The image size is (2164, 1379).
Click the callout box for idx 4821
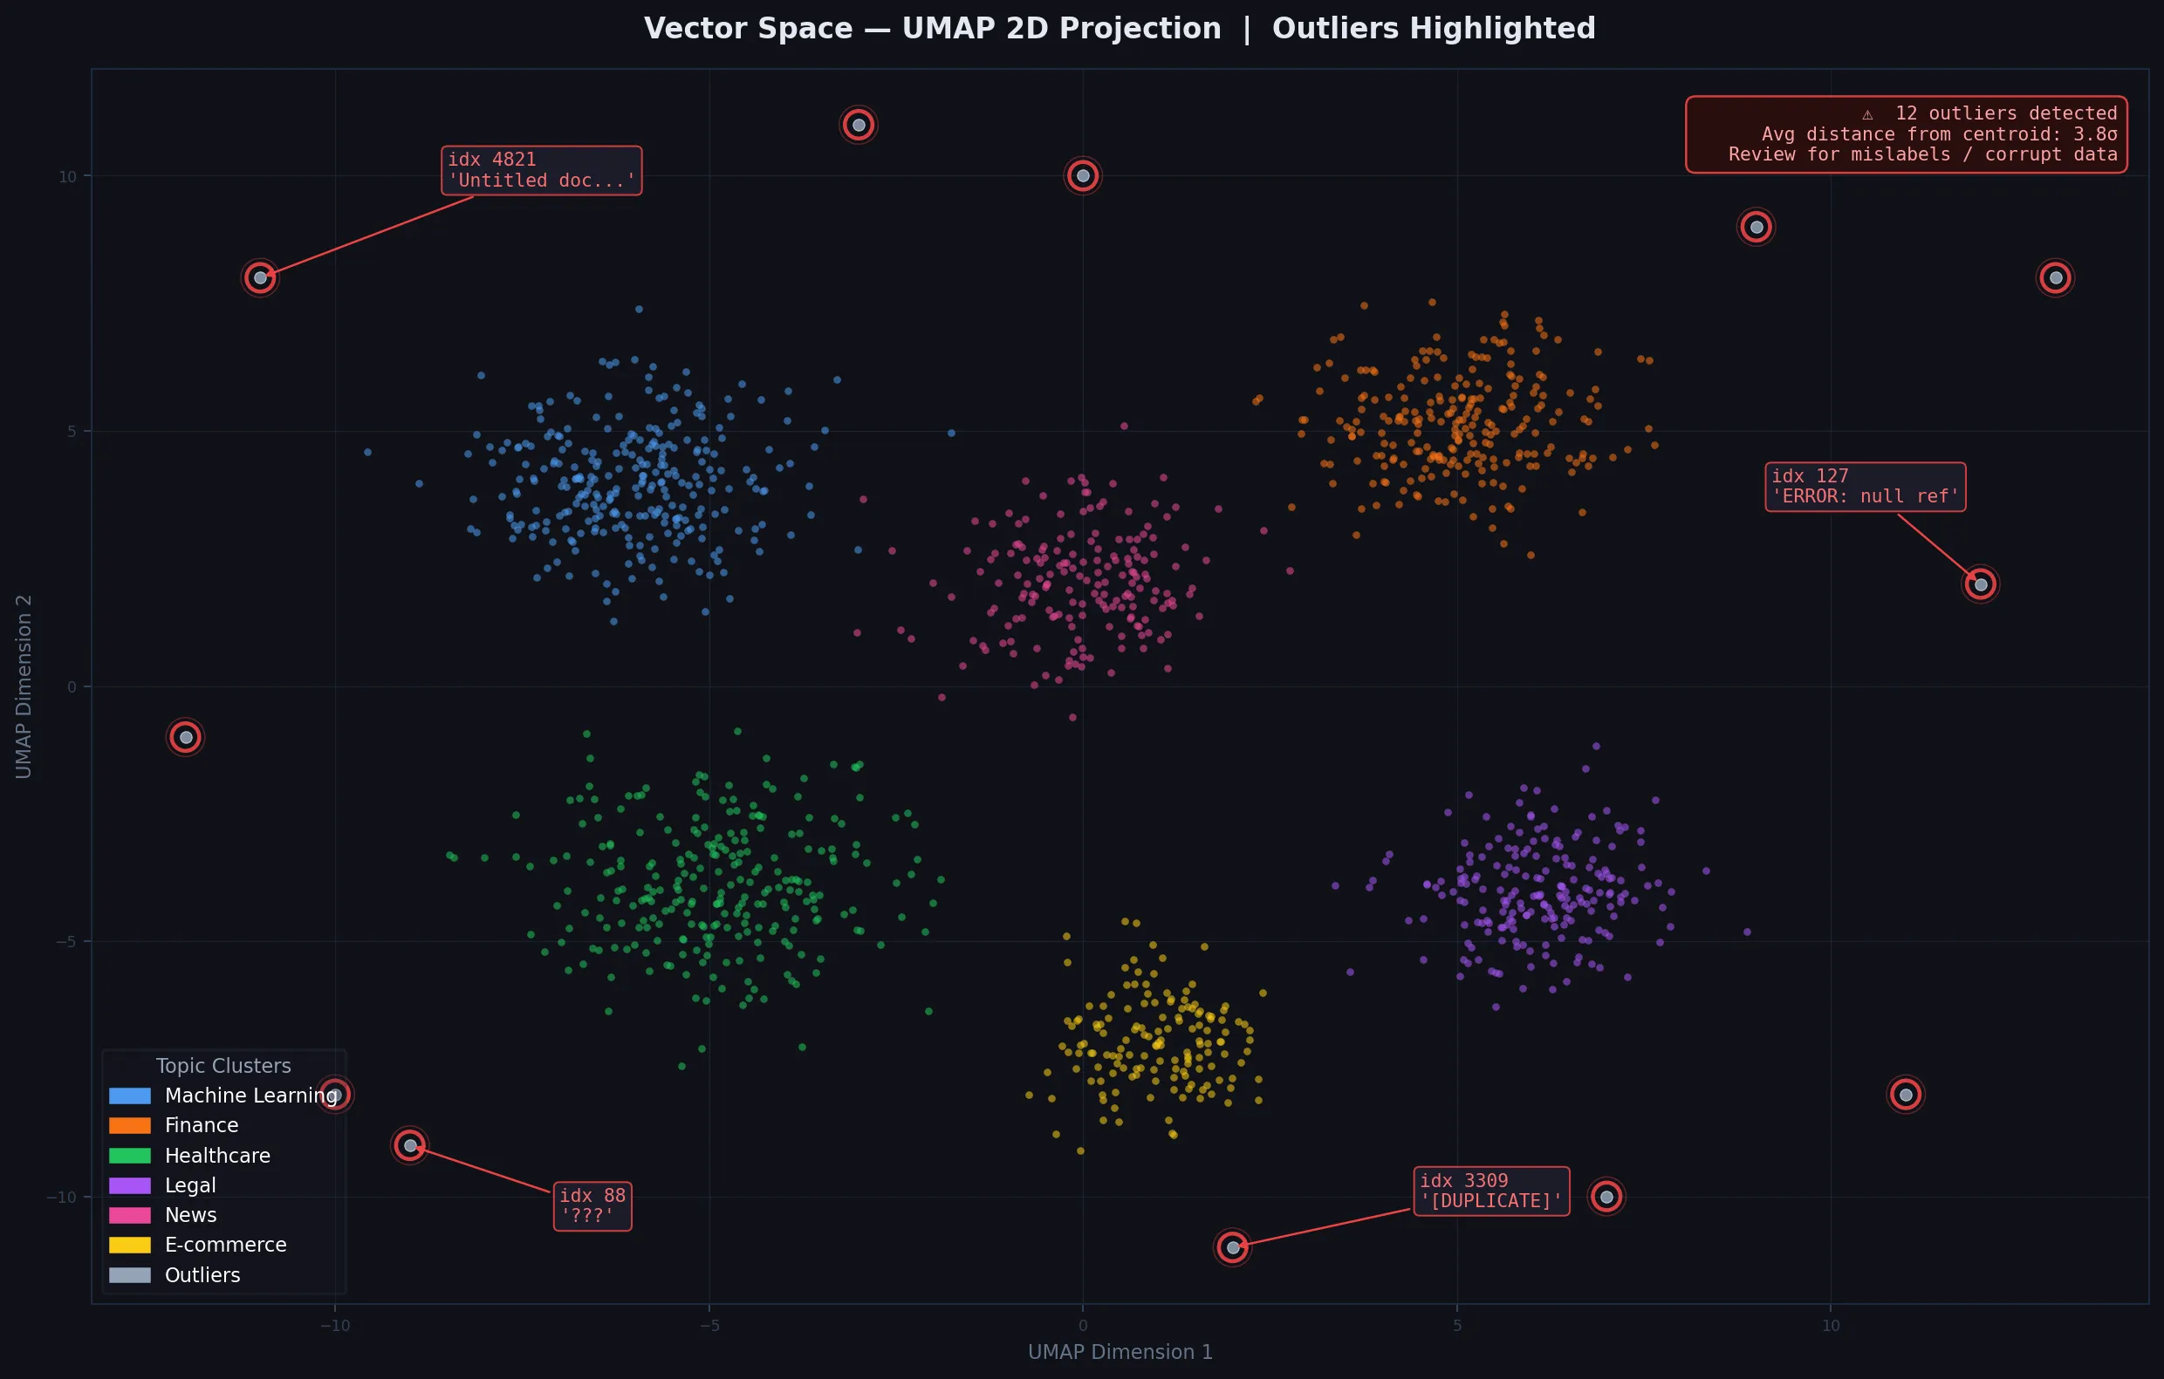coord(541,170)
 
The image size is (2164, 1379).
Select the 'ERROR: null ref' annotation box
coord(1865,487)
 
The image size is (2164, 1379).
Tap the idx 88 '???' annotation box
coord(592,1205)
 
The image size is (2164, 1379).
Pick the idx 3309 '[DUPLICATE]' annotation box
coord(1491,1191)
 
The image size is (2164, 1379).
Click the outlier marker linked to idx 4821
coord(260,277)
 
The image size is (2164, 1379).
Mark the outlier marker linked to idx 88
coord(410,1145)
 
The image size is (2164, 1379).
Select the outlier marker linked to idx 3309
coord(1232,1247)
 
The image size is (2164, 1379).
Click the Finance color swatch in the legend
coord(129,1126)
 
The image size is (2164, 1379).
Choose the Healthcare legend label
coord(216,1156)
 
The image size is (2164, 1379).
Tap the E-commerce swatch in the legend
coord(129,1246)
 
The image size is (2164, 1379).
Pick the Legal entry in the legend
coord(189,1185)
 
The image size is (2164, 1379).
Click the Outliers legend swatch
coord(129,1275)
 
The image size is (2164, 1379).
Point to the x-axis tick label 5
coord(1456,1325)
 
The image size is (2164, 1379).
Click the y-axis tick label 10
coord(67,177)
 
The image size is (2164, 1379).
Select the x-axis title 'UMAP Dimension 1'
coord(1120,1352)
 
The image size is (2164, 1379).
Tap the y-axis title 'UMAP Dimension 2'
coord(24,686)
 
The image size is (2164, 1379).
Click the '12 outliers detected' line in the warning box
coord(2005,113)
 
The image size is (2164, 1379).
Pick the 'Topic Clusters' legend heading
coord(223,1066)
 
